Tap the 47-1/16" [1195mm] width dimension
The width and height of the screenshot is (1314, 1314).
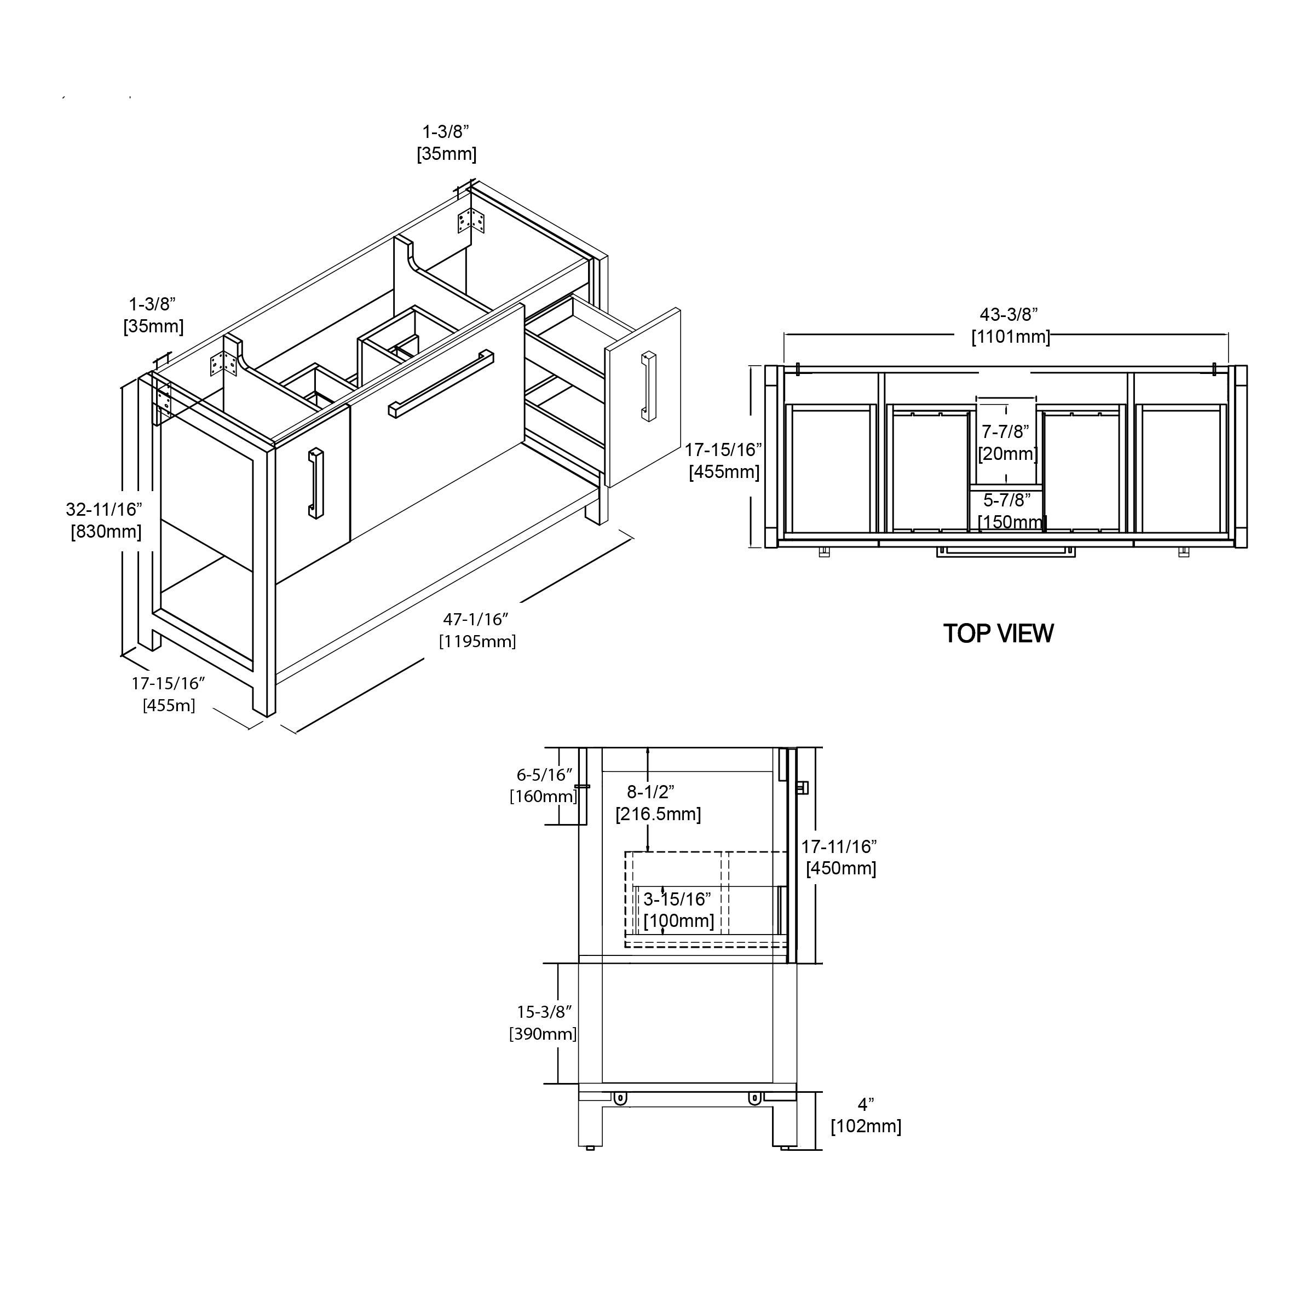477,630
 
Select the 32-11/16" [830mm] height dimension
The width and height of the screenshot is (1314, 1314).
105,520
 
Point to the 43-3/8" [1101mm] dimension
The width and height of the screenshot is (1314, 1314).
1009,325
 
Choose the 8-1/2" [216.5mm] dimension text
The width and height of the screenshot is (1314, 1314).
657,803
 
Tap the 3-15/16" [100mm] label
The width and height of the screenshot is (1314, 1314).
678,910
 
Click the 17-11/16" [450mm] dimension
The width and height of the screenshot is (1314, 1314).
840,857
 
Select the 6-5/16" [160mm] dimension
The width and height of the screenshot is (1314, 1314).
544,785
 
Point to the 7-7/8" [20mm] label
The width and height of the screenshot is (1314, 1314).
1007,442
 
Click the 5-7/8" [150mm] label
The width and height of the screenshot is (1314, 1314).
1009,511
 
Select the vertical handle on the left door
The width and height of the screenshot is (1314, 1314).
315,483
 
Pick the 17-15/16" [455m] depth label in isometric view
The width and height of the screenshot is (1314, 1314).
169,694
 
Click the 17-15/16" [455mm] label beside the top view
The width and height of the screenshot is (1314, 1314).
724,460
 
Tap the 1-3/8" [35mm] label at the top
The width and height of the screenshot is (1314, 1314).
446,142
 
